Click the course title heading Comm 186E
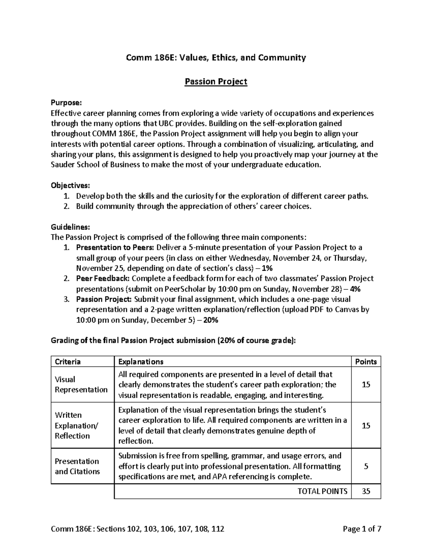point(216,58)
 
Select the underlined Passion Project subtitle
point(216,82)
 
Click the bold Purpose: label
point(66,103)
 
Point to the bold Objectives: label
point(70,186)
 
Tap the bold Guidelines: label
point(70,227)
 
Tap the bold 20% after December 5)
point(211,320)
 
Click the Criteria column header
point(68,362)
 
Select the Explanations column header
point(141,362)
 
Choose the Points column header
point(366,362)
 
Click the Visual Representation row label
point(81,384)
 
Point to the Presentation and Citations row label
point(77,466)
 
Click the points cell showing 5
point(366,466)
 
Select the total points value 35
point(366,491)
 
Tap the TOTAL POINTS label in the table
point(323,491)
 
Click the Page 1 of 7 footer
point(362,529)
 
